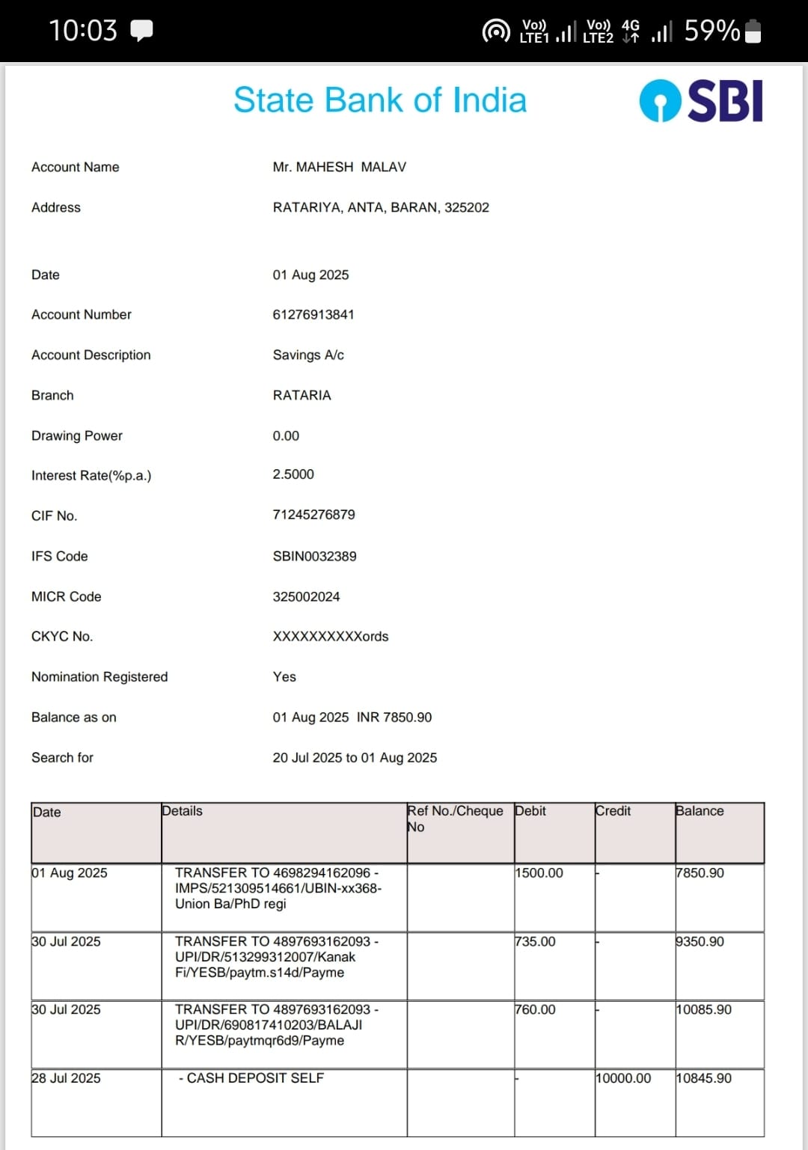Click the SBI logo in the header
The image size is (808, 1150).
pos(701,100)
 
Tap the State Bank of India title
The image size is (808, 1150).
pos(380,100)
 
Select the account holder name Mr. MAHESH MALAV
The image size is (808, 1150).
pos(339,167)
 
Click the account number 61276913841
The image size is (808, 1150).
pos(313,314)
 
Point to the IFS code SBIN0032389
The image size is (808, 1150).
pos(314,556)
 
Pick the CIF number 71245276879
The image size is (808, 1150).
pos(313,515)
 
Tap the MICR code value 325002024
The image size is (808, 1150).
pos(306,596)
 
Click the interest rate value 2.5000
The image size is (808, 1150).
pos(293,474)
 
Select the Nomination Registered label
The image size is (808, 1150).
pos(100,676)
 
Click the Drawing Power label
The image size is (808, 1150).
pos(77,435)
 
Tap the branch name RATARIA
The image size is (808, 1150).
pos(302,395)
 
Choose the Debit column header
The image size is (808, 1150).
pos(530,811)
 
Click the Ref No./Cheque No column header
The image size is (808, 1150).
pos(455,819)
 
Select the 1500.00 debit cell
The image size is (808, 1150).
pos(539,873)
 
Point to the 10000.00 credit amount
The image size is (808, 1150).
pos(623,1078)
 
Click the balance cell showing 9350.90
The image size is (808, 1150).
pos(700,941)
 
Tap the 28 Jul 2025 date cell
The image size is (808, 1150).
pos(66,1078)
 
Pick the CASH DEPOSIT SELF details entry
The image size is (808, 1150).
pos(251,1078)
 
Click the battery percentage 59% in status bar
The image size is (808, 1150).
pos(711,31)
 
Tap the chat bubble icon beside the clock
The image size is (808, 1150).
pos(141,30)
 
